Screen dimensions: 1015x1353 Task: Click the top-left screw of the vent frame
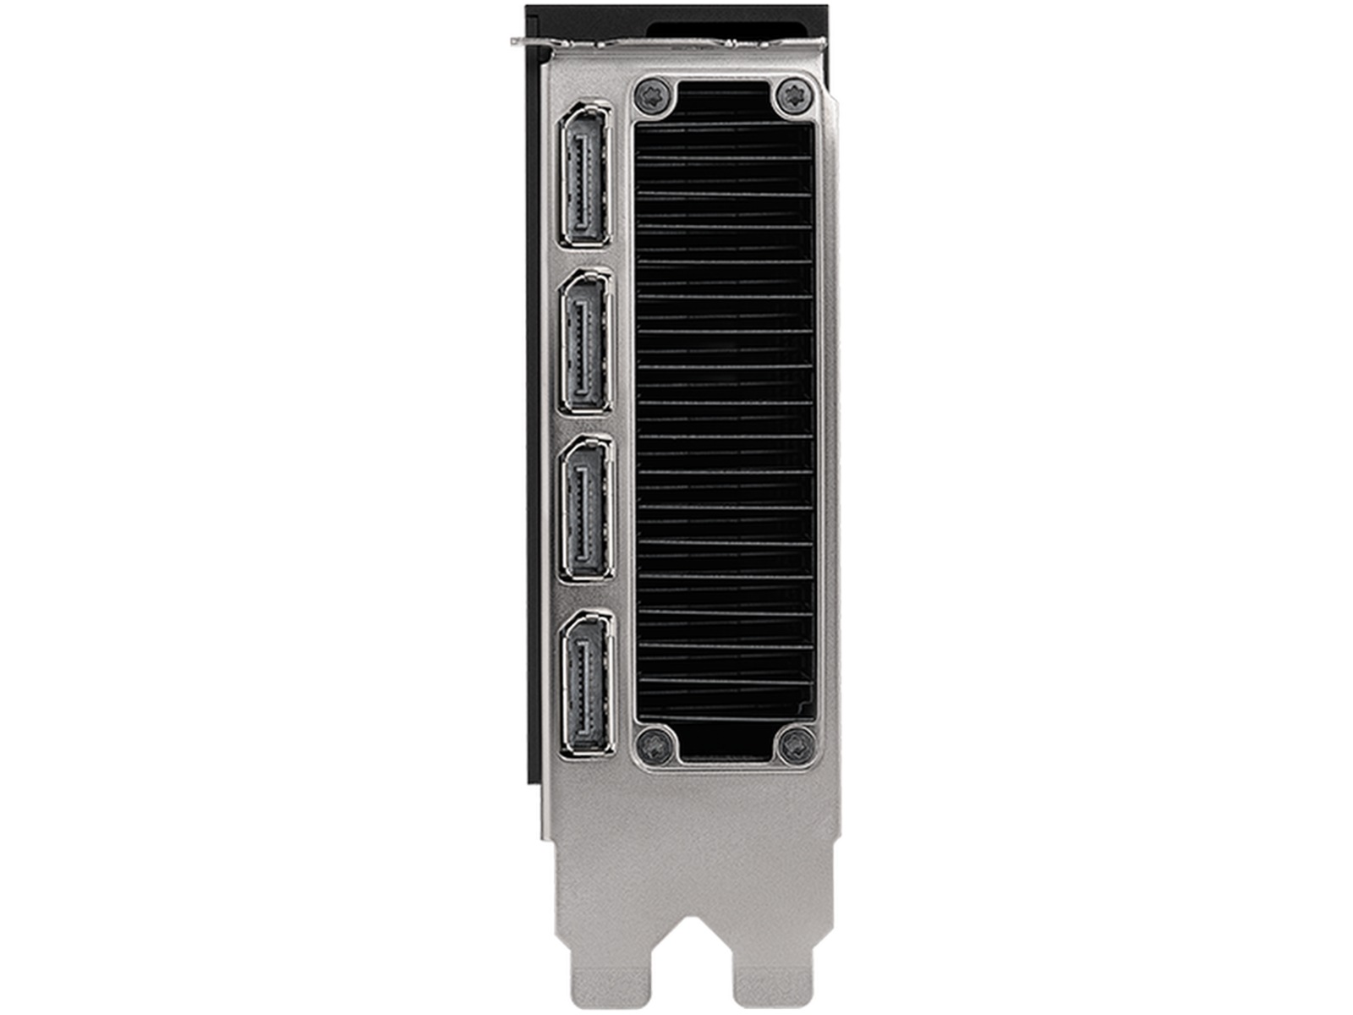point(653,94)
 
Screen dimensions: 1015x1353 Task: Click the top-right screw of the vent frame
point(792,94)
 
